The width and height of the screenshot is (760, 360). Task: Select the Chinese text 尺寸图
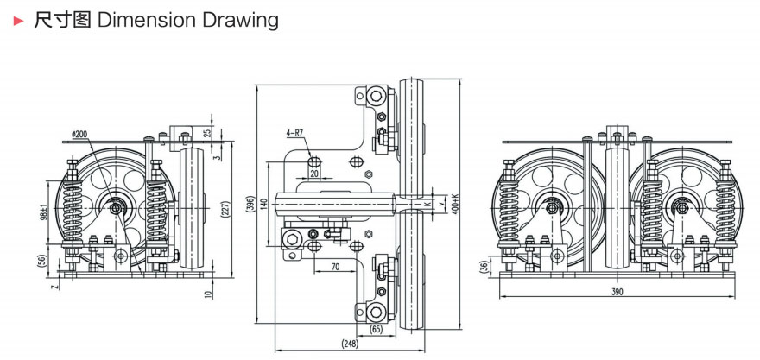61,20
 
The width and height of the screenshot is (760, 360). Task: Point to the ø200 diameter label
79,135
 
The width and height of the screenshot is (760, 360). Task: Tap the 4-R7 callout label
295,134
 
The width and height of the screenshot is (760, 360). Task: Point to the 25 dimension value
207,134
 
